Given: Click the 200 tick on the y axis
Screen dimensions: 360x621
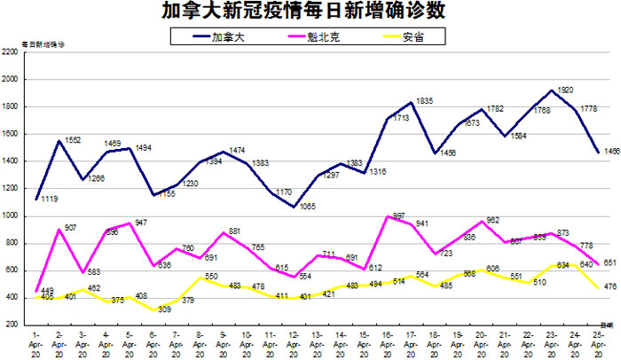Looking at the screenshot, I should [12, 325].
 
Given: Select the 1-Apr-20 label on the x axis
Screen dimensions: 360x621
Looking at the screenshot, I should [35, 340].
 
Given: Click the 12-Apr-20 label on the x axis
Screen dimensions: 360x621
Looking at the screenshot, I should [294, 340].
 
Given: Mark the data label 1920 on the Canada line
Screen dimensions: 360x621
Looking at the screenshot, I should [564, 90].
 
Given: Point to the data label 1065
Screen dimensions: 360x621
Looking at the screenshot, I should [308, 207].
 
